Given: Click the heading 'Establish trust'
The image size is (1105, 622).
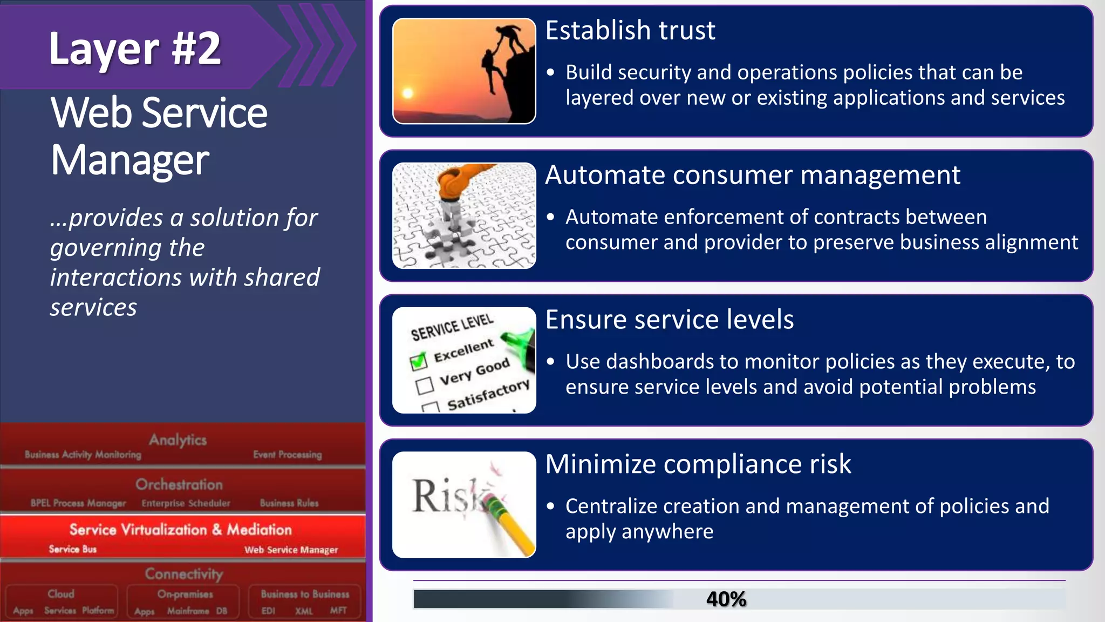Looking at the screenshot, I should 630,30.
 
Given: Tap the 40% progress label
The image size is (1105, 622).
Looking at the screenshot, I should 726,599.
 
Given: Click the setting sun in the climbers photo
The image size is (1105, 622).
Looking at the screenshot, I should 408,93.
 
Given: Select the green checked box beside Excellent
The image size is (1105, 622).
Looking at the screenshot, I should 419,361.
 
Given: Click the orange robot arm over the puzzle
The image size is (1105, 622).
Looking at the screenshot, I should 459,181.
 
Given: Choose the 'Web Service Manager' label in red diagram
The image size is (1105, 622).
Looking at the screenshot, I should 291,550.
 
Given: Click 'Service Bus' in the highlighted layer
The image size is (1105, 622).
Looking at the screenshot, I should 72,549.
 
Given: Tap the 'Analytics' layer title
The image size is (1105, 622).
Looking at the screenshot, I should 178,440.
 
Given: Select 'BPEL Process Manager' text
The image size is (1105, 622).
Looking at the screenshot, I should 78,503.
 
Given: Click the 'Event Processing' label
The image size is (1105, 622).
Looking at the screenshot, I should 287,455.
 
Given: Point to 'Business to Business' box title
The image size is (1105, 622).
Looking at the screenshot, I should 305,594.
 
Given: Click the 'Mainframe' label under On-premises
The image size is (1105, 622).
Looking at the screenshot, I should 188,611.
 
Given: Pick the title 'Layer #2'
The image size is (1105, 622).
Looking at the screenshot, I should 135,49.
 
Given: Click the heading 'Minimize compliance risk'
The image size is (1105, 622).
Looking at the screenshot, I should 698,464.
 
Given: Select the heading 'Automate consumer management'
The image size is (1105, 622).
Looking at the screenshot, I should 752,175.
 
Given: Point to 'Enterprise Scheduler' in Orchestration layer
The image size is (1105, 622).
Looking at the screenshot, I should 186,503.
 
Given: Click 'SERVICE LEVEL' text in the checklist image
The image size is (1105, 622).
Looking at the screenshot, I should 452,327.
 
